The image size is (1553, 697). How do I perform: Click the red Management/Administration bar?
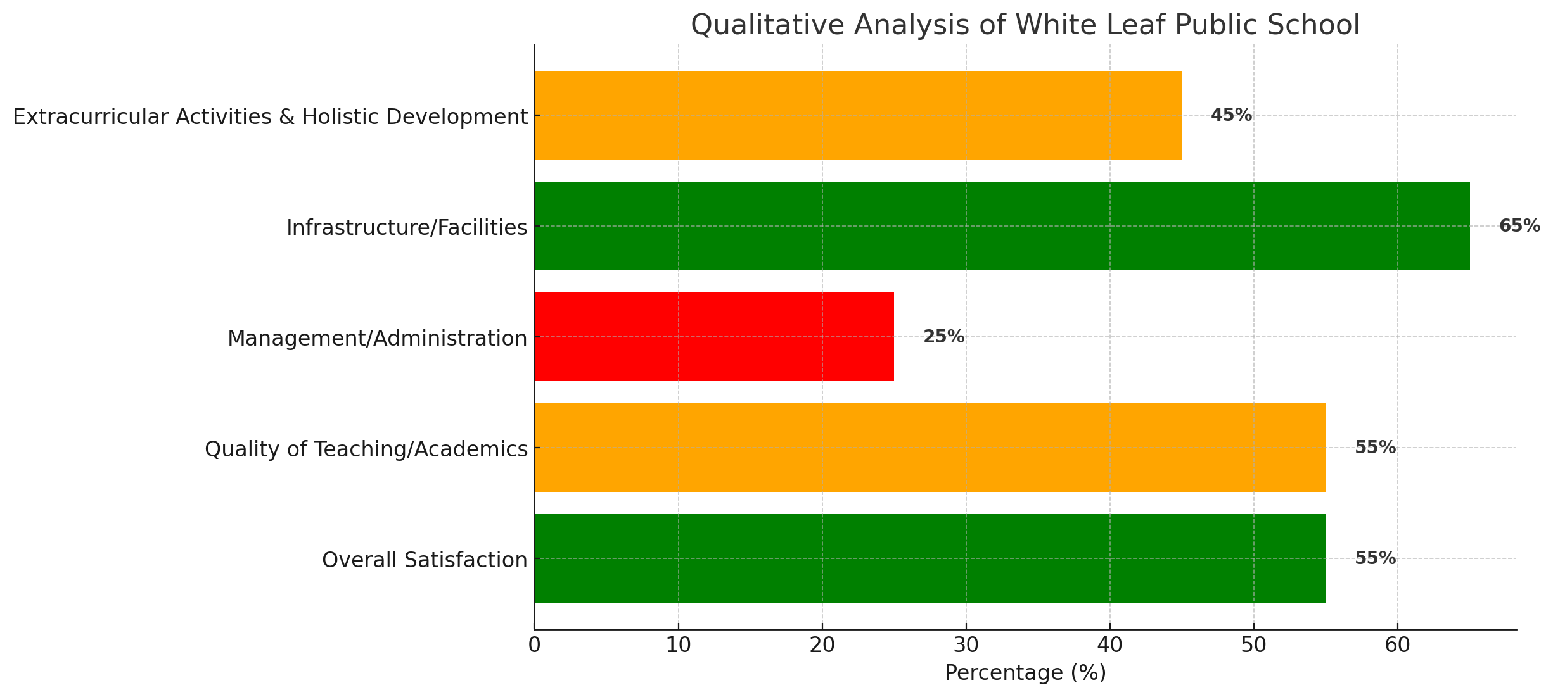(714, 337)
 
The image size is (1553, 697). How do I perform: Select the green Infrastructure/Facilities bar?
(1002, 226)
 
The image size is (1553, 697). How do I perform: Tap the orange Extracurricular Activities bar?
(858, 115)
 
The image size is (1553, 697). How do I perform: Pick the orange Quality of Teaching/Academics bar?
(930, 448)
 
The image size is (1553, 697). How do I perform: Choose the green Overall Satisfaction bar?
(930, 558)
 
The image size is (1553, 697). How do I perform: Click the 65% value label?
(1519, 226)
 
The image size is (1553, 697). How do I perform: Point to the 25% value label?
(943, 337)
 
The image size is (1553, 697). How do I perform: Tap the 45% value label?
(1231, 115)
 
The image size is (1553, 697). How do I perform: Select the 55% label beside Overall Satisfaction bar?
(1375, 558)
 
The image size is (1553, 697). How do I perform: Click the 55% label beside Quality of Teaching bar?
(1375, 448)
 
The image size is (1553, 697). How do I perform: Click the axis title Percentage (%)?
(1025, 673)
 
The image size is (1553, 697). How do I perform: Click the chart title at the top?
(1025, 25)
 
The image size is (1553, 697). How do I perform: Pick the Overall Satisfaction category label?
(425, 560)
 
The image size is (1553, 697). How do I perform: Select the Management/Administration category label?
(377, 339)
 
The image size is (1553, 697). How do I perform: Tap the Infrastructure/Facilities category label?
(407, 227)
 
